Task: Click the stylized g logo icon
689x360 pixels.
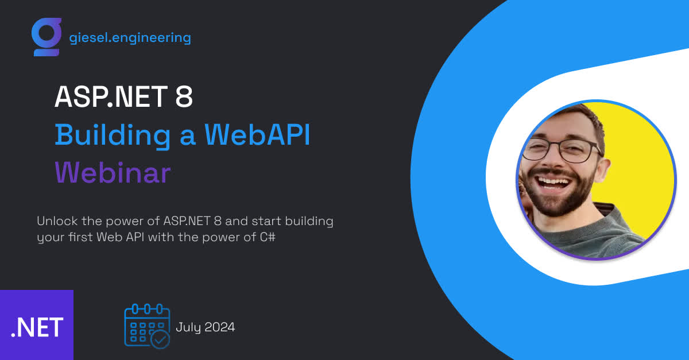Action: pos(46,37)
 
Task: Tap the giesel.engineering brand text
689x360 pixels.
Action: pos(130,38)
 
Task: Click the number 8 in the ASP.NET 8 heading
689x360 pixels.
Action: pos(184,96)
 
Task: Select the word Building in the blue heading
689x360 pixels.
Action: pos(113,136)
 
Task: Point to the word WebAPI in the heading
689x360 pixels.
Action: pos(257,134)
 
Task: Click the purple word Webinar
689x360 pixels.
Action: pos(113,172)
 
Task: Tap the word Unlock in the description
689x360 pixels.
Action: pos(57,221)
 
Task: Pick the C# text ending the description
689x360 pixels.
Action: pos(268,237)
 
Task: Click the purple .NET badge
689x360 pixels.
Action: pos(37,325)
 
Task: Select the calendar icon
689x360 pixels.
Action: pos(147,326)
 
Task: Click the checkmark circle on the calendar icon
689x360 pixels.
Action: pos(161,340)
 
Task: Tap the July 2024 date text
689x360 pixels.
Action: pos(205,327)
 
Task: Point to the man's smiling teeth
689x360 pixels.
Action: pos(553,183)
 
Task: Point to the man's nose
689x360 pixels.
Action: pos(552,160)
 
